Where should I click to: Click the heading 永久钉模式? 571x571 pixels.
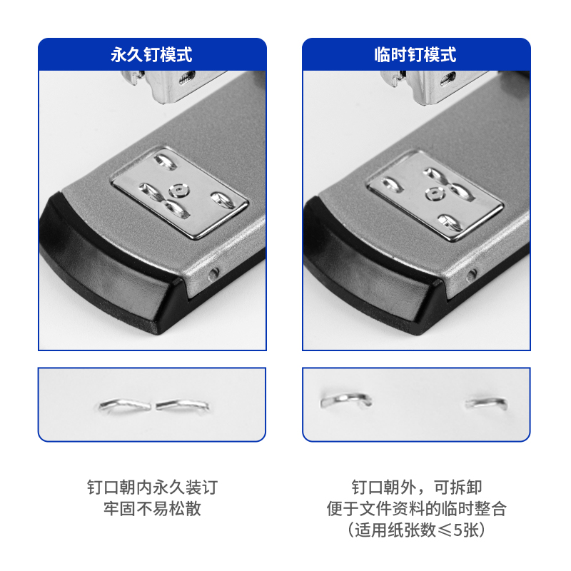click(x=151, y=55)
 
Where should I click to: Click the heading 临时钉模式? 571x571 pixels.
click(x=415, y=55)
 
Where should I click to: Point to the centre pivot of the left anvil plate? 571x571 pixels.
click(x=178, y=190)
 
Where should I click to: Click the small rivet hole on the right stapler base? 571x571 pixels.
click(x=471, y=275)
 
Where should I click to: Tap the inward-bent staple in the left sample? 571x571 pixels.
click(x=153, y=405)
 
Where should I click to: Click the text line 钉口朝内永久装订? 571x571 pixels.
click(x=151, y=487)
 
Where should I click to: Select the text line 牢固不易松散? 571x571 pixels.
click(x=151, y=509)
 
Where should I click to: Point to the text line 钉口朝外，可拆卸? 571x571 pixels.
click(x=416, y=487)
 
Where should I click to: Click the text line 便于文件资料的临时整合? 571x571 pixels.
click(x=416, y=509)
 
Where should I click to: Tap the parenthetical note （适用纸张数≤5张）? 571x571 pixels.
click(x=416, y=530)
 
